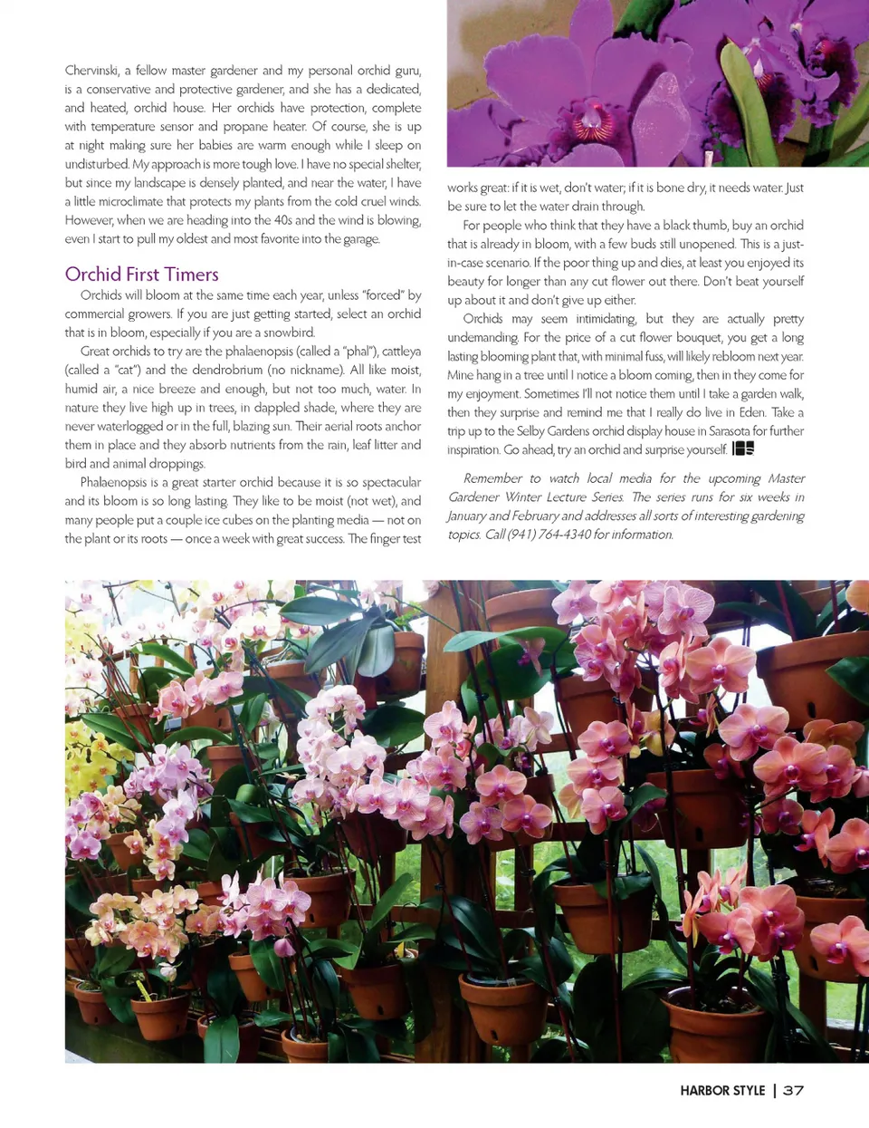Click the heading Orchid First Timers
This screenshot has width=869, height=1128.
[x=142, y=274]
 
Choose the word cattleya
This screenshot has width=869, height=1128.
[x=401, y=352]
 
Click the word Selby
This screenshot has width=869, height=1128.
[x=532, y=431]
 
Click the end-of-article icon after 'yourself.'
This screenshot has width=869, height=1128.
[x=742, y=448]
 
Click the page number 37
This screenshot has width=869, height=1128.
[x=793, y=1091]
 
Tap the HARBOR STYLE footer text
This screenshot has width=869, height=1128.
[x=722, y=1091]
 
